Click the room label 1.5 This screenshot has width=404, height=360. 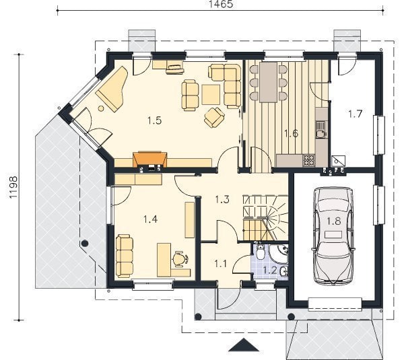point(155,120)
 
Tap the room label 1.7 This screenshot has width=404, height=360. point(356,114)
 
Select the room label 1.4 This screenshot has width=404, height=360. point(150,219)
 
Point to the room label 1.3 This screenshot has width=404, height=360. point(222,199)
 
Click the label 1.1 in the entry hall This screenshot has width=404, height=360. point(221,264)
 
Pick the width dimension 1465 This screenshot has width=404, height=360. point(220,4)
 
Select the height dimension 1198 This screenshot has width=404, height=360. point(13,187)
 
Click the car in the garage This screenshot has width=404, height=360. point(333,236)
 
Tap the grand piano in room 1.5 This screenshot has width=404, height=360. point(112,88)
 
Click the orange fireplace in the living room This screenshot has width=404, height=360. point(149,160)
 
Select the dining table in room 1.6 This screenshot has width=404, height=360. point(268,82)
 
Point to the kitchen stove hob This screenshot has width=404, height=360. point(308,160)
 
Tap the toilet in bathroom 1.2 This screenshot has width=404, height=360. point(260,252)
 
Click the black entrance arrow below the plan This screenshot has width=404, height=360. point(244,345)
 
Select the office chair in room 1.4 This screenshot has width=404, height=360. point(179,258)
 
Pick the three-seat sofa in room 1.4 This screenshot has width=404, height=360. point(125,256)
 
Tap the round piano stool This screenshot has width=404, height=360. point(101,108)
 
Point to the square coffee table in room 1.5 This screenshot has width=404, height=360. point(211,94)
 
